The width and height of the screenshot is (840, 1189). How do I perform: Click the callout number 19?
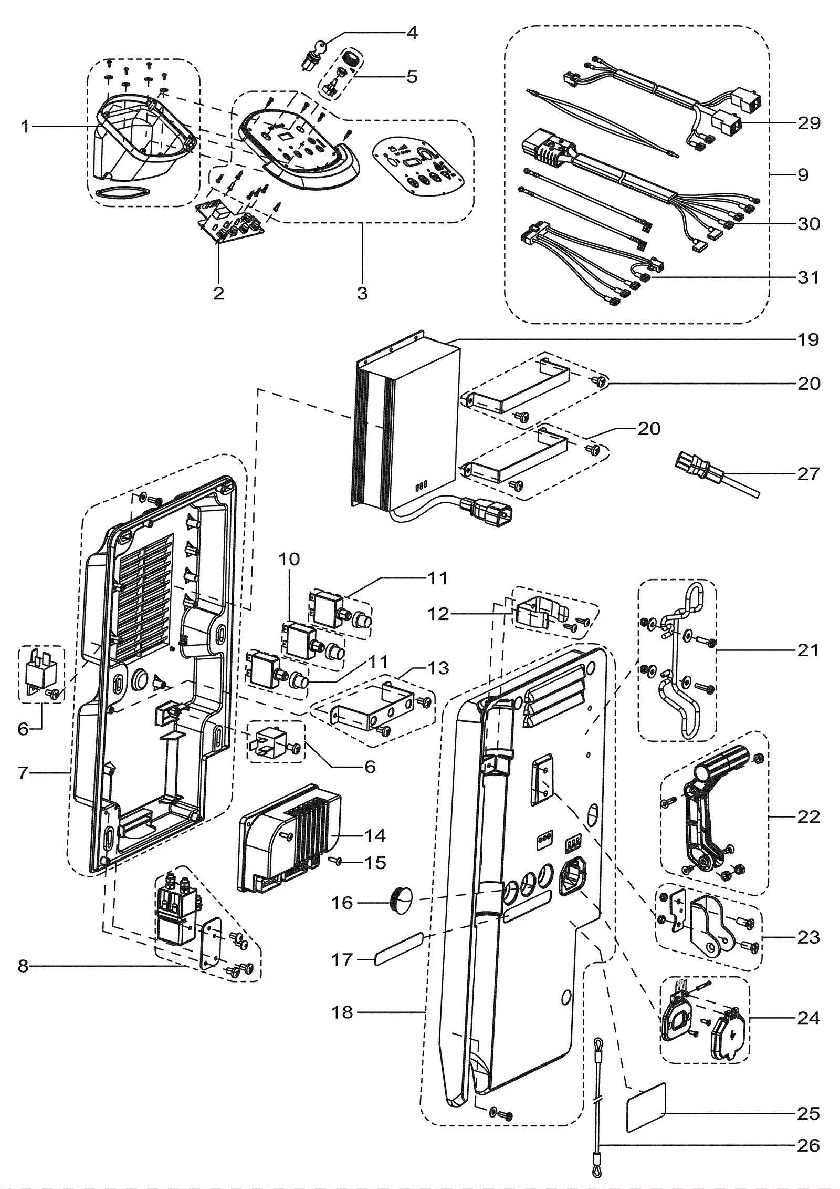tap(808, 339)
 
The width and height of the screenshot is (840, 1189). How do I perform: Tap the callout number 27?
tap(808, 473)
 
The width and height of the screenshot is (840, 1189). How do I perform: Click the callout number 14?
tap(375, 835)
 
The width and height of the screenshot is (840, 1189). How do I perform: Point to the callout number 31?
tap(808, 277)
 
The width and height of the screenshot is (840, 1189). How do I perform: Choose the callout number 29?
tap(808, 122)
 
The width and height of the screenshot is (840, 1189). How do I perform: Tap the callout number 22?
tap(808, 816)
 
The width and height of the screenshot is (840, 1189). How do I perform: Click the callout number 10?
tap(289, 559)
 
